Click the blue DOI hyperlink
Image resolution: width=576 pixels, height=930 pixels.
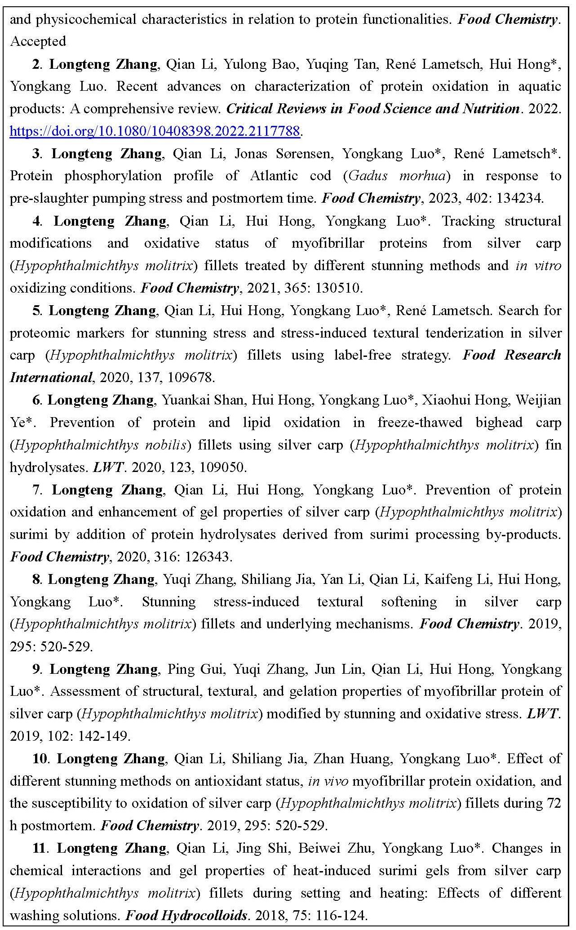(x=155, y=131)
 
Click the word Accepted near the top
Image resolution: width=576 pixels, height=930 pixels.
(x=38, y=41)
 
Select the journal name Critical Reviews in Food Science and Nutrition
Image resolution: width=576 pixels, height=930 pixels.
(x=372, y=109)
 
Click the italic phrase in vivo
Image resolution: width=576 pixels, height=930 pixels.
(x=328, y=781)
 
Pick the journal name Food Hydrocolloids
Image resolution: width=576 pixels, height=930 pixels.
(x=186, y=916)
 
